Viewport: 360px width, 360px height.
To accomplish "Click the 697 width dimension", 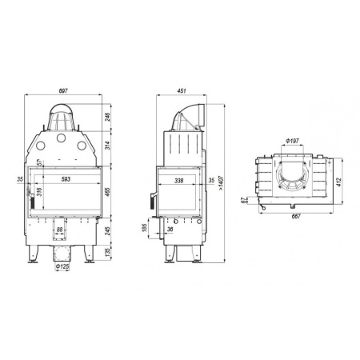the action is click(63, 91).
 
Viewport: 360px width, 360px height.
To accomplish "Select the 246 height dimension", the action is click(107, 117).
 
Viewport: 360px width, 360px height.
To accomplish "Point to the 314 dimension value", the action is click(107, 146).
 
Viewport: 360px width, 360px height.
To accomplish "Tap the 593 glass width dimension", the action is click(66, 179).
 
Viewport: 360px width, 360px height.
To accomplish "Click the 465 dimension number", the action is click(107, 191).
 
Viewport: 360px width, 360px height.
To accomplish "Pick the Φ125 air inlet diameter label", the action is click(62, 266).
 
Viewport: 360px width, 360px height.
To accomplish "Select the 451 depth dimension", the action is click(181, 91).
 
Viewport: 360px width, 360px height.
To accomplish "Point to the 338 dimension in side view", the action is click(178, 181).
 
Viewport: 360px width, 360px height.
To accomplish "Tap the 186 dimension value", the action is click(144, 228).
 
